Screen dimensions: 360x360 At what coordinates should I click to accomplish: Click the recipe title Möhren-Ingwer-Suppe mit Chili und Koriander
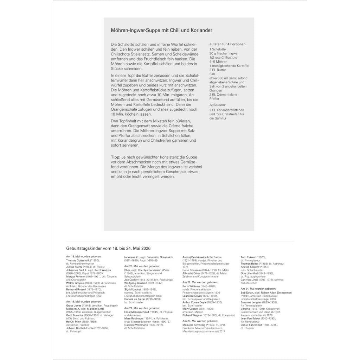(164, 31)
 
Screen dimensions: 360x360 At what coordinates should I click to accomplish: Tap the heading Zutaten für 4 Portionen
(228, 45)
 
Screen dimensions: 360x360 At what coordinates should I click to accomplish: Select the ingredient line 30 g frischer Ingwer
(224, 53)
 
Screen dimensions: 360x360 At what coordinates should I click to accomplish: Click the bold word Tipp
(115, 156)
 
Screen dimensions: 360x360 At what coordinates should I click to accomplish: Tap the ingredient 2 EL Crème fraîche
(223, 95)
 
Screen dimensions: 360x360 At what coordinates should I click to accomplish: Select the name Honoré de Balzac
(135, 299)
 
